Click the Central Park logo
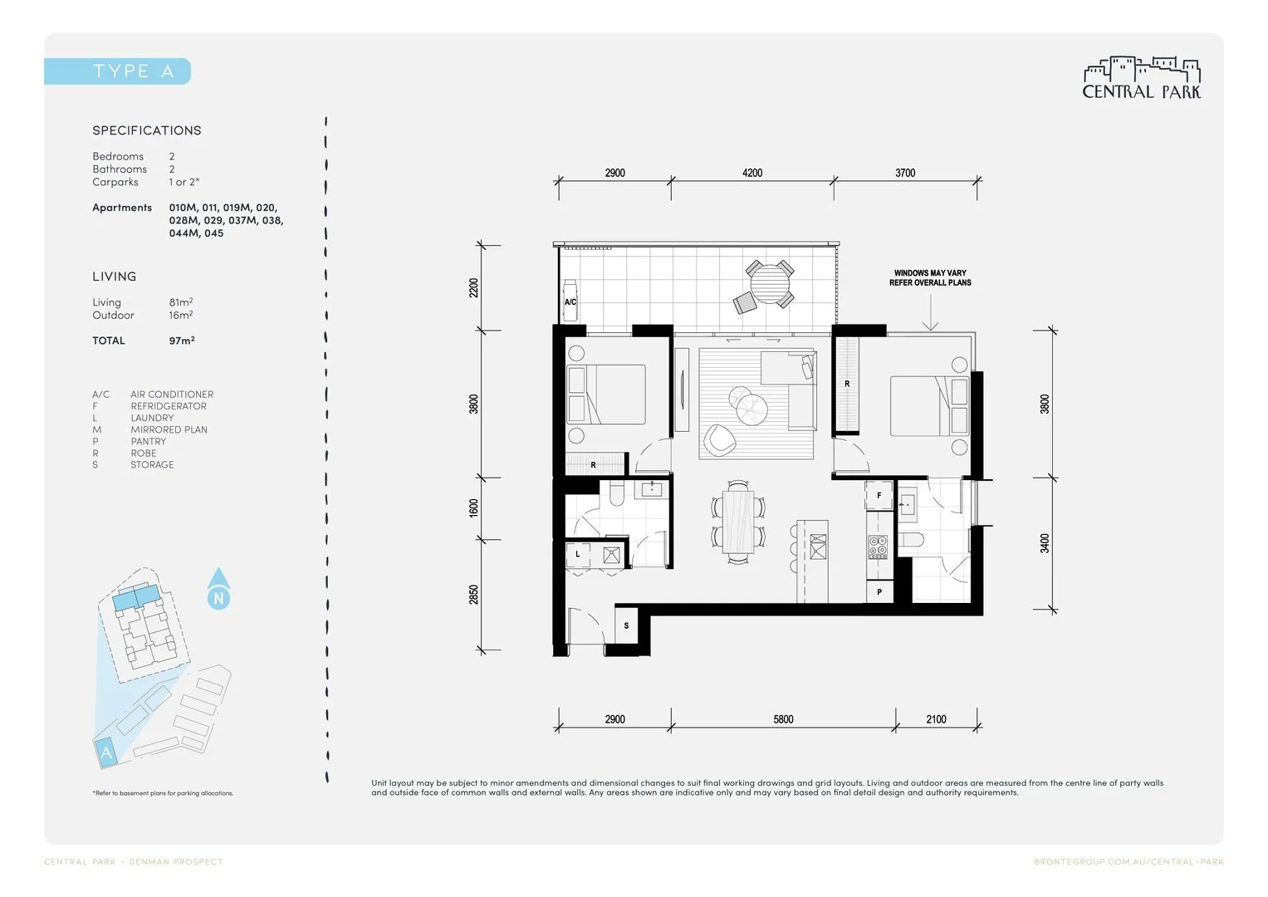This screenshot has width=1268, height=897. coord(1142,79)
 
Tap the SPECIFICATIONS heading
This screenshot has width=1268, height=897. coord(147,130)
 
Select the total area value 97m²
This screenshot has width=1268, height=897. coord(182,341)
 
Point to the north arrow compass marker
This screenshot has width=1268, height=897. coord(218,589)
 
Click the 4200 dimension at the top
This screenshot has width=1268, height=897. coord(752,173)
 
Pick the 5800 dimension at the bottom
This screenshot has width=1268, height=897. coord(783,719)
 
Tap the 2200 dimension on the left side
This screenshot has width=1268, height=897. coord(473,287)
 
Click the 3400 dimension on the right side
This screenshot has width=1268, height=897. coord(1045,544)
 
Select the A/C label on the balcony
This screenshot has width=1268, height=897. coord(570,302)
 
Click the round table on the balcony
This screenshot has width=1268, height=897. coord(771,282)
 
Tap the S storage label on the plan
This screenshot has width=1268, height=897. coord(626,625)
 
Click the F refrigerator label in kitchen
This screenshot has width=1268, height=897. coord(879,496)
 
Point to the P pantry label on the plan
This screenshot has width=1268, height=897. coord(879,592)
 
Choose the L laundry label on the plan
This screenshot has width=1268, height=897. coord(578,554)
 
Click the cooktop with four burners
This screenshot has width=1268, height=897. coord(879,547)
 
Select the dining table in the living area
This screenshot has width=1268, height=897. coord(737,522)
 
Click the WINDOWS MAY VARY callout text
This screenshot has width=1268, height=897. coord(930,277)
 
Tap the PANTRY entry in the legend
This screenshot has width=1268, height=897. coord(148,441)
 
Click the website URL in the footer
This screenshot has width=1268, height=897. coord(1128,862)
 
